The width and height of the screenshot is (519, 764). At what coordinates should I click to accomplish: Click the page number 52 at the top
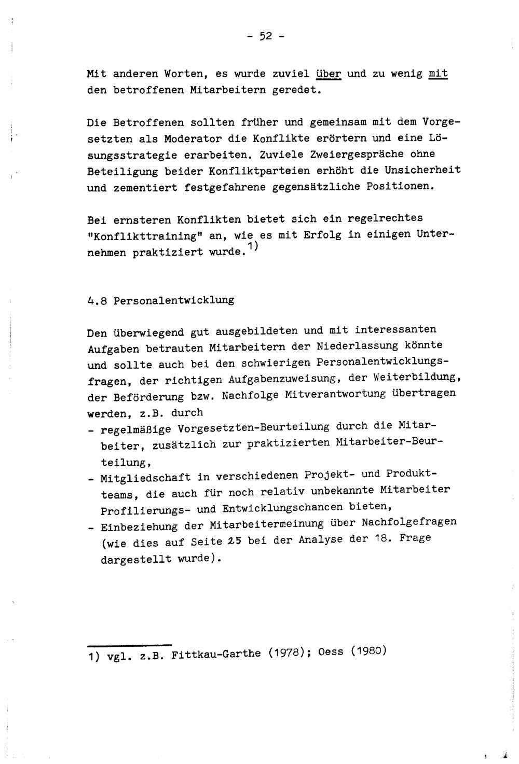(265, 37)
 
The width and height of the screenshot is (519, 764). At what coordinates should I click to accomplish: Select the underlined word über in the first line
(329, 74)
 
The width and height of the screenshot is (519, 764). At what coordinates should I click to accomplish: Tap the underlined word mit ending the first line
(439, 74)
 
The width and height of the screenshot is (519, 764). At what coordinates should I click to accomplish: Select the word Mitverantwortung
(329, 394)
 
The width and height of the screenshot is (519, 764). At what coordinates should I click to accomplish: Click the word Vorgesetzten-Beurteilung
(253, 428)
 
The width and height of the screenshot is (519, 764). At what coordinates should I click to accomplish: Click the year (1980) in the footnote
(369, 650)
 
